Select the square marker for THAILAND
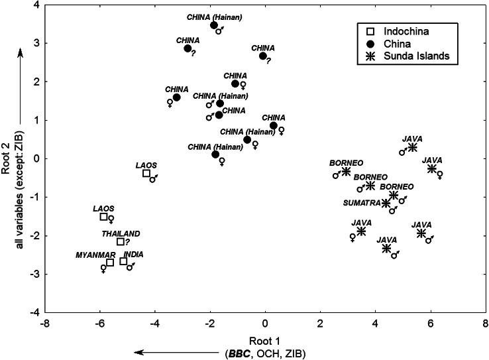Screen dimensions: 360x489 click(121, 241)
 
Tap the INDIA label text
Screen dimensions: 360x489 click(133, 254)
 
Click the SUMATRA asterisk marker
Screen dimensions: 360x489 click(386, 204)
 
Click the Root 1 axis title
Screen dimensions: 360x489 click(265, 340)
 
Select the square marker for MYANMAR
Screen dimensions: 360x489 click(110, 263)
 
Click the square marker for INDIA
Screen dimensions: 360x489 click(123, 261)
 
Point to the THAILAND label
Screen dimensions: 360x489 click(121, 234)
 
